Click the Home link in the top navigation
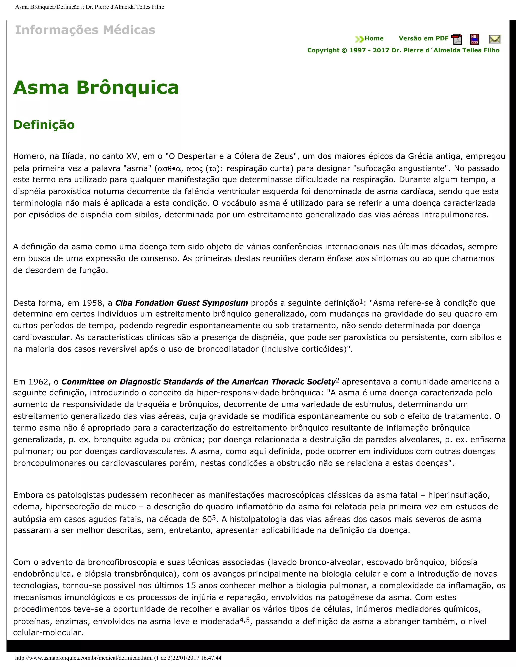click(374, 39)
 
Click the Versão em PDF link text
click(423, 39)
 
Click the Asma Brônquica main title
click(96, 87)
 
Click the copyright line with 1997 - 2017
click(403, 50)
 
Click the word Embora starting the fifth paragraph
click(28, 495)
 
